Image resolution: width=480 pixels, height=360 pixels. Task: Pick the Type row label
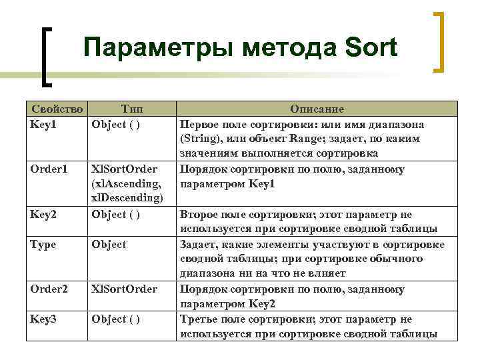click(43, 245)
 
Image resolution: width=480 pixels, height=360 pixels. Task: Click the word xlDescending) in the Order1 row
click(129, 199)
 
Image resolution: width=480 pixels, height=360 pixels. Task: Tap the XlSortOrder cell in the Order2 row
click(124, 289)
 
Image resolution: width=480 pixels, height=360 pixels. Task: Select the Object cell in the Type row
click(109, 245)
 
